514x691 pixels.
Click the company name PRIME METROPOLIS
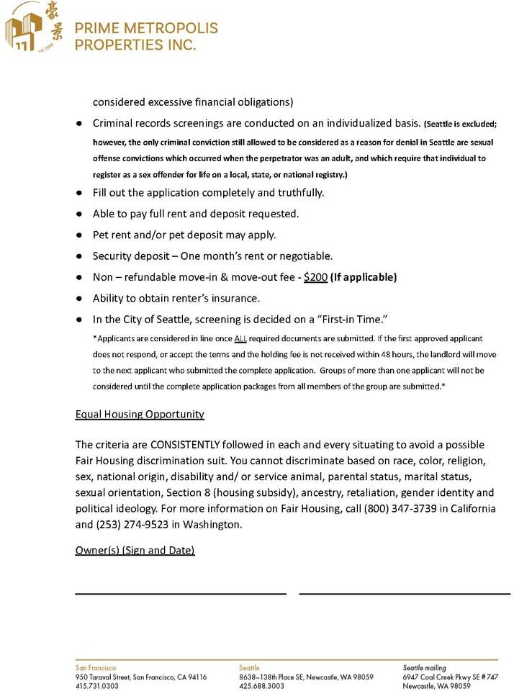click(146, 29)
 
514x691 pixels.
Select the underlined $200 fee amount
click(315, 277)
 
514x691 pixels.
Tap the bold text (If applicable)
click(364, 277)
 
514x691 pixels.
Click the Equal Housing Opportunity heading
click(140, 415)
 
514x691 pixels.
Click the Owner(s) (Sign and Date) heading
click(135, 551)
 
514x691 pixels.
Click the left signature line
click(181, 592)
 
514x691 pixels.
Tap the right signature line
click(405, 592)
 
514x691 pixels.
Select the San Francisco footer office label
click(96, 668)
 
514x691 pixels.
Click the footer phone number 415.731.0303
click(97, 686)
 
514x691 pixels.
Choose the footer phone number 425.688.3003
click(261, 686)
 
